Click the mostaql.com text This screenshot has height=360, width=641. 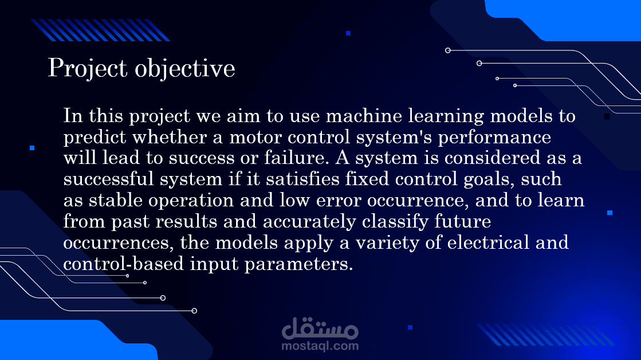[x=320, y=346]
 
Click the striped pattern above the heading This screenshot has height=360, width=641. [x=100, y=30]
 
